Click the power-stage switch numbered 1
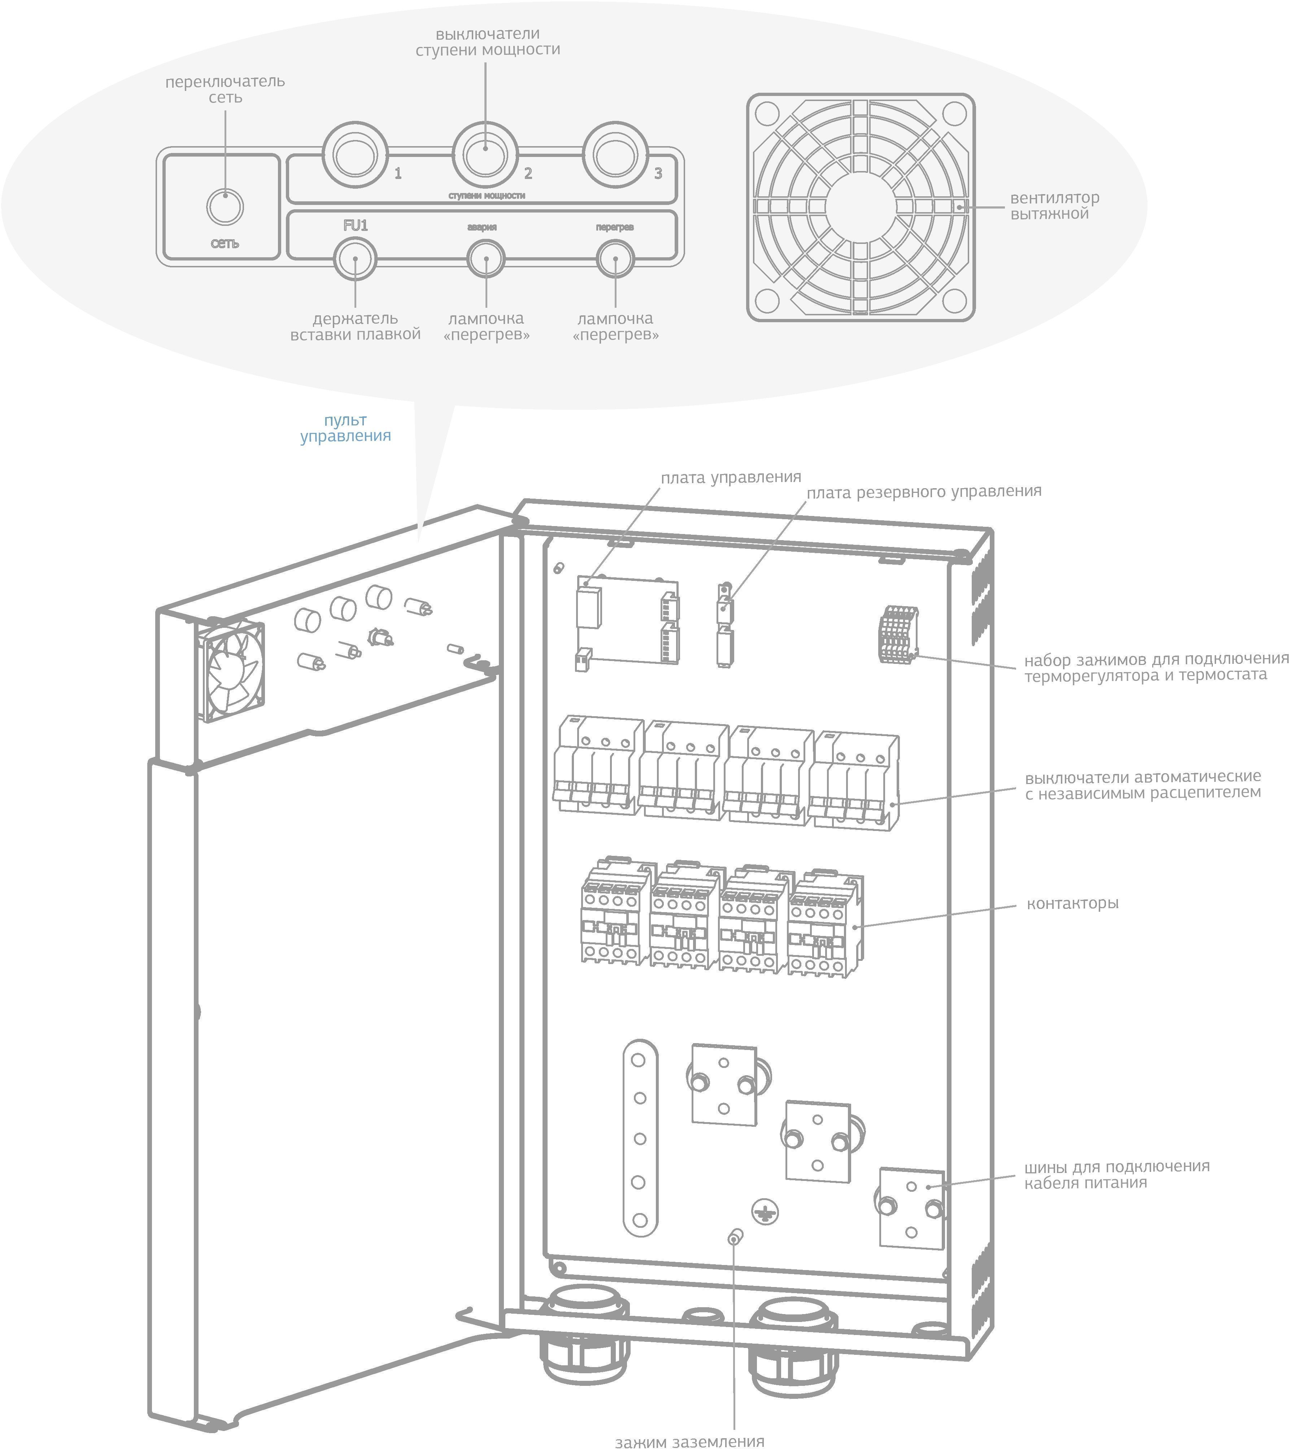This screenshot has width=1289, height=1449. (355, 154)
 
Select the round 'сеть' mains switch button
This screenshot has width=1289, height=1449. (225, 207)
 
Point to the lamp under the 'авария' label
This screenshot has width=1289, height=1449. (486, 259)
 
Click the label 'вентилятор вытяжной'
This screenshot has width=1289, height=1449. (1054, 206)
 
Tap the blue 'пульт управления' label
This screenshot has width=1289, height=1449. (345, 428)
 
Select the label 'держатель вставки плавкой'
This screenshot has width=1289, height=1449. (355, 327)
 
